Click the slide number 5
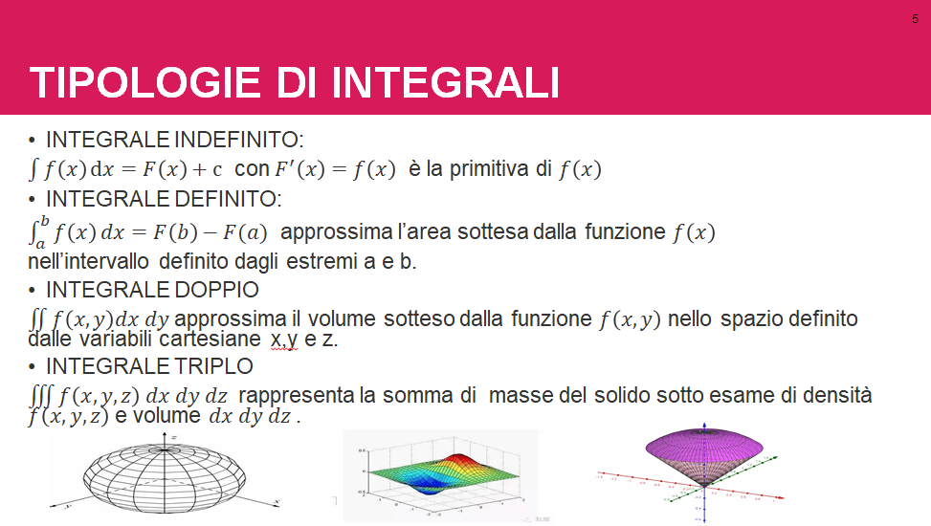[x=915, y=19]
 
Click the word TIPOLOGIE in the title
[x=144, y=82]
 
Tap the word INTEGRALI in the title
[x=445, y=82]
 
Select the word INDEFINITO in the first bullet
[x=238, y=140]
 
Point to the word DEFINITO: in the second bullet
[x=228, y=199]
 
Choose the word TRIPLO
[x=209, y=366]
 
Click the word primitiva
[x=489, y=169]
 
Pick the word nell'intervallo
[x=88, y=261]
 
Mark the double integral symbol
[x=36, y=319]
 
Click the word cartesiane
[x=210, y=339]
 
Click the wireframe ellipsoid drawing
[x=165, y=474]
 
